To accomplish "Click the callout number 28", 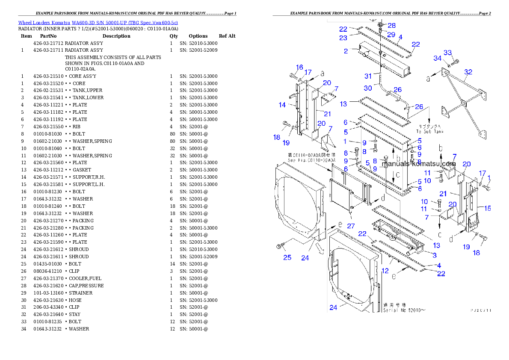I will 391,26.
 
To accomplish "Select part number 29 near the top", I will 391,34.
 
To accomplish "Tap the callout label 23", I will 343,38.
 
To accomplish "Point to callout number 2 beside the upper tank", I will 346,51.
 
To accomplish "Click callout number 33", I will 447,53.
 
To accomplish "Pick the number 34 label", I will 438,58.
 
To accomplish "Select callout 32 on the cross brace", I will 468,72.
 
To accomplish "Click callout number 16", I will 299,67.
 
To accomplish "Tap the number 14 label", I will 282,105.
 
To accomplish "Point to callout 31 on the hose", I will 368,76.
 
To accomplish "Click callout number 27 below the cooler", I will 351,226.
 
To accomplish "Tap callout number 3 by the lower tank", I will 435,255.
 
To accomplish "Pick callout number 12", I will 385,271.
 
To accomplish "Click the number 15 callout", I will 487,208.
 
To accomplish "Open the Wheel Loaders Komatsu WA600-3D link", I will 98,22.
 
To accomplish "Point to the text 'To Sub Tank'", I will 430,132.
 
